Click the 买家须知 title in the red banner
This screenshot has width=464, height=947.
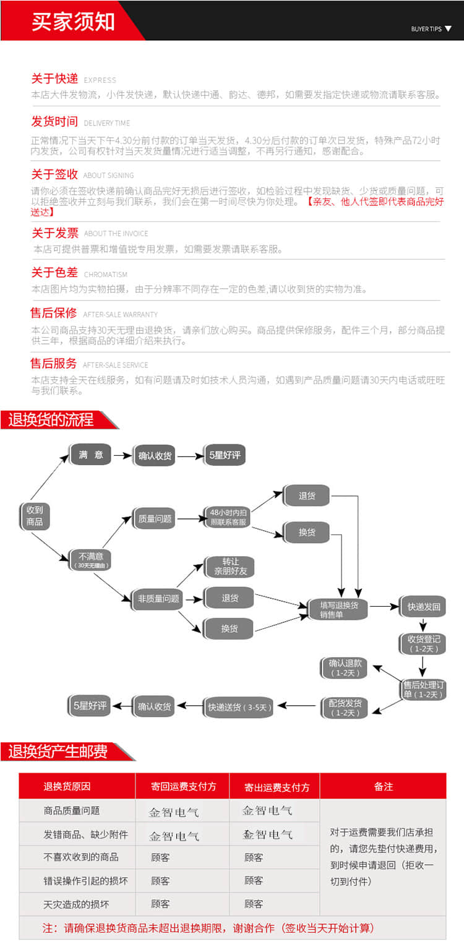pos(73,21)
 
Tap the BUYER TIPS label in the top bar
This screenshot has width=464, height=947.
pos(426,28)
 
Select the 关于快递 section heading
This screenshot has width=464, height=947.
pos(54,78)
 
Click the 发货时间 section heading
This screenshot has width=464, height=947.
pos(54,121)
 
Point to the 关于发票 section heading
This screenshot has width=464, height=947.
pos(55,233)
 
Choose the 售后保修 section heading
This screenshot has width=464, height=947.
pos(54,313)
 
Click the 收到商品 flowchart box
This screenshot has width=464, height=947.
pos(34,516)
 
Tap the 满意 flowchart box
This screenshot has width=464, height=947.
pos(90,455)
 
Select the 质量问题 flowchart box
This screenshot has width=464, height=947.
pos(155,519)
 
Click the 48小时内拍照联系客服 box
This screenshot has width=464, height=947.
pos(228,517)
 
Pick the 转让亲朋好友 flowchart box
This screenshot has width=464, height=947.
pos(230,567)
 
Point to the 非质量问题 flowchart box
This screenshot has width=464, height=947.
pos(158,598)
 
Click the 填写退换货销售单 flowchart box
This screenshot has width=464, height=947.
pos(338,609)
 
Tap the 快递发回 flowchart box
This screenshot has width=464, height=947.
pos(423,607)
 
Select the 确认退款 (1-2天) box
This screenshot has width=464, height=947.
pos(345,668)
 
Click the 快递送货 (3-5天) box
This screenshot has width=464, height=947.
pos(239,707)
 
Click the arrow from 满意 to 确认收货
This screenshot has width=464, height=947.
pos(122,455)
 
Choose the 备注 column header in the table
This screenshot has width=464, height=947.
pos(383,786)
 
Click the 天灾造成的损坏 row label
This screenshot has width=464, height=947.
pos(76,904)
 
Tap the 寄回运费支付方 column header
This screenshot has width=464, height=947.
pos(183,786)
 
